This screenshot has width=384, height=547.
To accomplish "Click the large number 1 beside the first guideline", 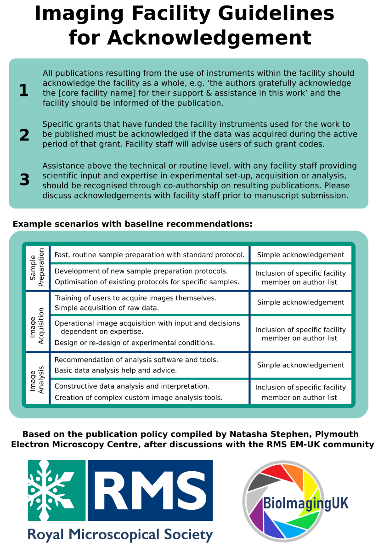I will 23,91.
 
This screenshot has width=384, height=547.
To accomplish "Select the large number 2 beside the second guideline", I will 24,135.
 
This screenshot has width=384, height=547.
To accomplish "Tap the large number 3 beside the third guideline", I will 24,180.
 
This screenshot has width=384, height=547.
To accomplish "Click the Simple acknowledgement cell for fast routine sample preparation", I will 300,255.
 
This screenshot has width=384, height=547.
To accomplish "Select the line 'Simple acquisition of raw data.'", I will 107,308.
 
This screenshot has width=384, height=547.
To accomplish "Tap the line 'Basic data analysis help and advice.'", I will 115,370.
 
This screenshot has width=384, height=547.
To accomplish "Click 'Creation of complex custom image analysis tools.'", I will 138,397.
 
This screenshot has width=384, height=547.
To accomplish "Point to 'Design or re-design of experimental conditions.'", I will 135,343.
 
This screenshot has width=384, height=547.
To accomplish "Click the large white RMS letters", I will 150,490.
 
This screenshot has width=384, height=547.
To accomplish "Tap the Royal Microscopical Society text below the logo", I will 120,534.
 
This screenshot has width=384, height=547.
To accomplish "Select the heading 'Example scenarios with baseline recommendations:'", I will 132,224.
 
